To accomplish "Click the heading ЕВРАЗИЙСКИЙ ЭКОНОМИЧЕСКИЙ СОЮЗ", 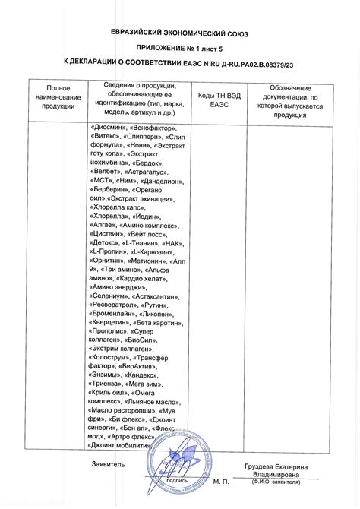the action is (x=180, y=35).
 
